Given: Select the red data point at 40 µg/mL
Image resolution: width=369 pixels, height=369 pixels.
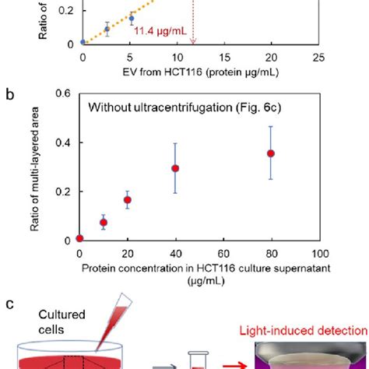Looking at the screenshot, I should pyautogui.click(x=175, y=168).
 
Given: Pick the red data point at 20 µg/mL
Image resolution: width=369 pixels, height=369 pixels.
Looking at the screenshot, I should pyautogui.click(x=127, y=200).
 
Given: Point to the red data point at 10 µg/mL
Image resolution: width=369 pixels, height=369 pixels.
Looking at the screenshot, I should pyautogui.click(x=103, y=223).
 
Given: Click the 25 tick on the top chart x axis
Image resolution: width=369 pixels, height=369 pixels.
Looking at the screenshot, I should pyautogui.click(x=318, y=58).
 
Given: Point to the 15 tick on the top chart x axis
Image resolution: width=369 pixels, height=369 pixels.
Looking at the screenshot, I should pyautogui.click(x=223, y=58).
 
